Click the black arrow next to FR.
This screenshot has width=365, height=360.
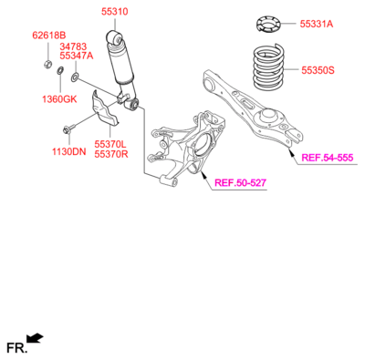coord(35,340)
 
